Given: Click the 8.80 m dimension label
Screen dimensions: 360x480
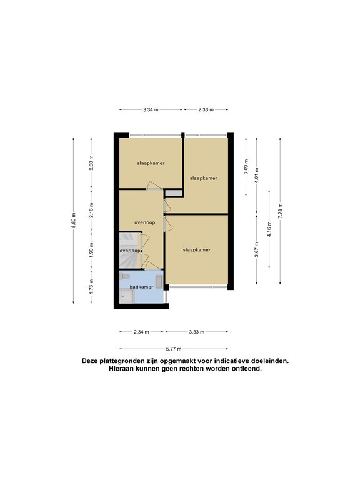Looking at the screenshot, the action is pyautogui.click(x=74, y=221).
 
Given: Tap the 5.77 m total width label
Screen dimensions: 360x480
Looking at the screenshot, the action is pyautogui.click(x=174, y=349).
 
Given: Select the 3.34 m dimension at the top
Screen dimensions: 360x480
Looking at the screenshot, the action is pyautogui.click(x=151, y=109).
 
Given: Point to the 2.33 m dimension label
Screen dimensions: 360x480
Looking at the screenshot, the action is pyautogui.click(x=206, y=109).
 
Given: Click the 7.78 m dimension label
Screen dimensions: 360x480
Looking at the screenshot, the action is pyautogui.click(x=280, y=211).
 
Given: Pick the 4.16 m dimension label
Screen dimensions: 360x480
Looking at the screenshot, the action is pyautogui.click(x=269, y=229).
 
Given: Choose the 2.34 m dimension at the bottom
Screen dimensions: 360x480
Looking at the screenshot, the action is pyautogui.click(x=141, y=332).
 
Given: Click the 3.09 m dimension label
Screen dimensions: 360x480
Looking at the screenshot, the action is pyautogui.click(x=246, y=167).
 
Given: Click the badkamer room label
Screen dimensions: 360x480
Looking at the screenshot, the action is pyautogui.click(x=141, y=287).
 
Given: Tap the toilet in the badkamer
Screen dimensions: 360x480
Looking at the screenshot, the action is pyautogui.click(x=124, y=277).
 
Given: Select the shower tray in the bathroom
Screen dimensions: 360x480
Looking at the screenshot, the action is pyautogui.click(x=126, y=297).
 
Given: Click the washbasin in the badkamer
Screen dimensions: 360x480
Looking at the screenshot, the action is pyautogui.click(x=159, y=282).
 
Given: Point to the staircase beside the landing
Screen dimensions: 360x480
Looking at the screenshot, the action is pyautogui.click(x=130, y=250).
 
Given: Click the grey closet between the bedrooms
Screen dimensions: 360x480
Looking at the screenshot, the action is pyautogui.click(x=174, y=194).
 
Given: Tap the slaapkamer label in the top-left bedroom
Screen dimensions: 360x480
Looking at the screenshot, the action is pyautogui.click(x=151, y=163).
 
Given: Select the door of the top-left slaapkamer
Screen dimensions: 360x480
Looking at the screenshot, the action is pyautogui.click(x=154, y=186).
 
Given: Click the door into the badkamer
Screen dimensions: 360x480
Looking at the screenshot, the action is pyautogui.click(x=152, y=266).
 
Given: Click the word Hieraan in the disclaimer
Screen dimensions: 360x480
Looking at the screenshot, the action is pyautogui.click(x=120, y=369).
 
